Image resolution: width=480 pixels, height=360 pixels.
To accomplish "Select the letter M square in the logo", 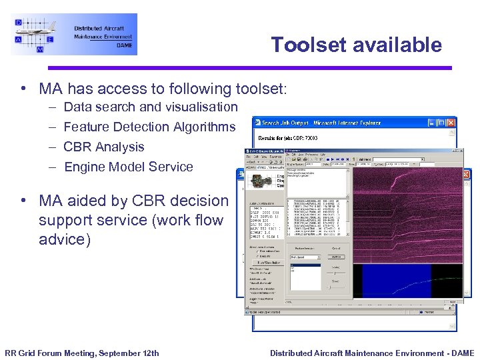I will pos(40,49).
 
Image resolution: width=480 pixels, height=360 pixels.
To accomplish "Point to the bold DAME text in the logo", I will pos(124,46).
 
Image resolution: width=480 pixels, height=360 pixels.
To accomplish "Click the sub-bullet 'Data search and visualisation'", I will pos(150,107).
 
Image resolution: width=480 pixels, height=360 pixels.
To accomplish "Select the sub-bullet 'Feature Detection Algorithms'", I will pos(149,127).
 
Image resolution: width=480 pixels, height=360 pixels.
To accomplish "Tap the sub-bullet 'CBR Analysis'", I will pos(103,147).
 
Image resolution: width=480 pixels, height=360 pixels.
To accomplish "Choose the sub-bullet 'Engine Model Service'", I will pos(128,167).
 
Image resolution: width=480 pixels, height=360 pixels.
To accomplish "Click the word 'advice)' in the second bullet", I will pos(65,239).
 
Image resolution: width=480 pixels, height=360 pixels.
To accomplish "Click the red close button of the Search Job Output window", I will pos(451,123).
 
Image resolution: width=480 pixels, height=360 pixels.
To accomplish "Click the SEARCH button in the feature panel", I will pos(337,256).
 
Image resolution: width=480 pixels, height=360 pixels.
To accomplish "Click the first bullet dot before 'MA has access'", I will pos(23,89).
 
